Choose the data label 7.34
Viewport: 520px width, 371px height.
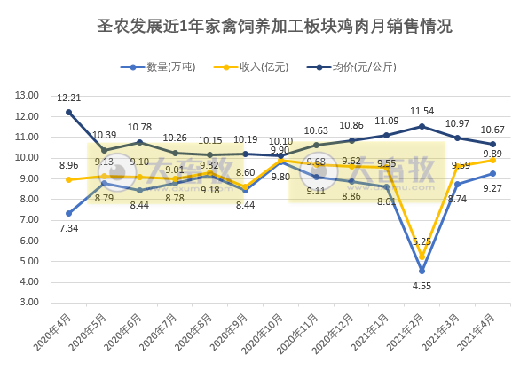(68, 228)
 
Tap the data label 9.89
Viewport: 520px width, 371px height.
(492, 154)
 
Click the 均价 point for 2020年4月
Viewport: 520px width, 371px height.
(69, 112)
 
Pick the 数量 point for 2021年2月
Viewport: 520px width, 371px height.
(422, 271)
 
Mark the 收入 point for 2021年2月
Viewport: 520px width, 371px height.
(422, 257)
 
